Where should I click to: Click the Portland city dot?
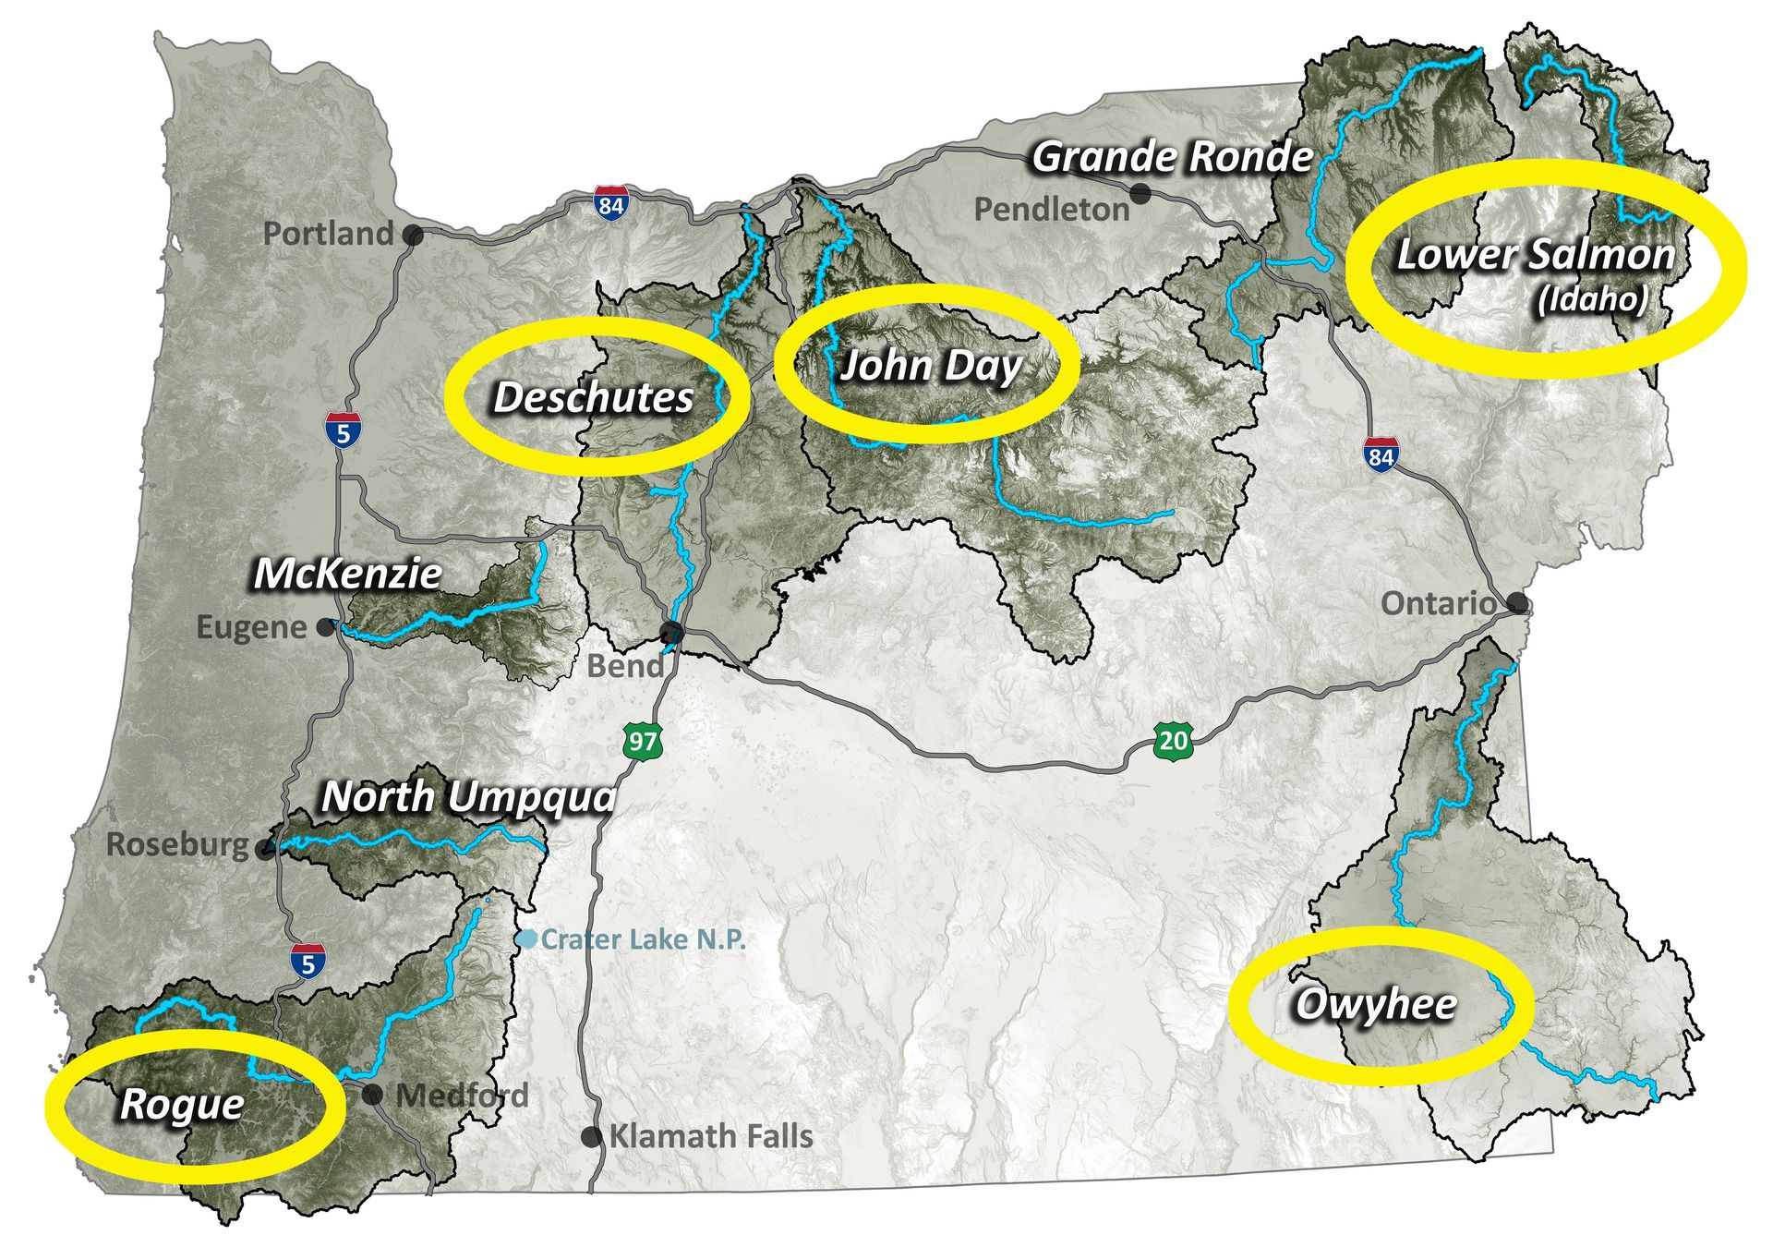tap(415, 236)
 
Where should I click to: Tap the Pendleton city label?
tap(1052, 210)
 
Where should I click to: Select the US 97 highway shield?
tap(643, 741)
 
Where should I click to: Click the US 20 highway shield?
tap(1173, 740)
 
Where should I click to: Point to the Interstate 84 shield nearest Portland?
tap(611, 203)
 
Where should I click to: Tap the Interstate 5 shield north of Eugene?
tap(343, 431)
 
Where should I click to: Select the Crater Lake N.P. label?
tap(643, 939)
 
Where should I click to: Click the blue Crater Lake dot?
tap(526, 938)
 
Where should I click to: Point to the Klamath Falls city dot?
tap(592, 1137)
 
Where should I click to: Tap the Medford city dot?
tap(372, 1095)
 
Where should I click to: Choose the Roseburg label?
tap(177, 844)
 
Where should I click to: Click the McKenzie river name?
tap(348, 574)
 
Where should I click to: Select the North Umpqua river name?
tap(468, 797)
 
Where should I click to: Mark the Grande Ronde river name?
tap(1172, 157)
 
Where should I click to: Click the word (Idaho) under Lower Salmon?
tap(1591, 299)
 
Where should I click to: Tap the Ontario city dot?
tap(1517, 604)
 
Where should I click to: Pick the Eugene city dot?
tap(325, 627)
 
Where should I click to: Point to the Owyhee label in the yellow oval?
tap(1375, 1004)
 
